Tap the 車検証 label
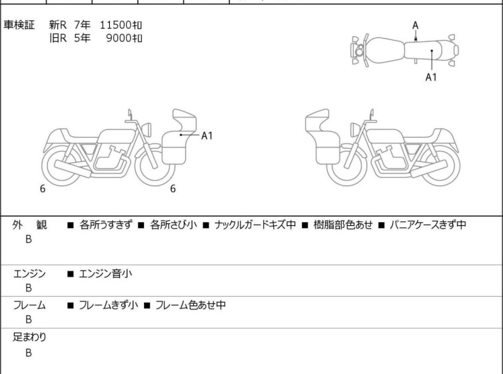[19, 25]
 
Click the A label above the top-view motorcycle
[416, 25]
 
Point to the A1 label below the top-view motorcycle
[431, 77]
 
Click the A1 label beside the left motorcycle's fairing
[207, 136]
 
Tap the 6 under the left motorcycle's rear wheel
[43, 189]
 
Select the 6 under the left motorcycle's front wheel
[173, 189]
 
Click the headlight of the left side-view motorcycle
[147, 129]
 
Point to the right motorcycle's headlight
[355, 129]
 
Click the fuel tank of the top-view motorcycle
[385, 51]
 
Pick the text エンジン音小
[105, 274]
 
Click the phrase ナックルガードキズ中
[255, 225]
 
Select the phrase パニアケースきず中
[428, 225]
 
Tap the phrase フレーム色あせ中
[191, 305]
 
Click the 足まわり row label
[29, 337]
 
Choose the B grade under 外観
[29, 239]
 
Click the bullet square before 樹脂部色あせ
[304, 225]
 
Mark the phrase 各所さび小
[173, 225]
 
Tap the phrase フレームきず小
[109, 305]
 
